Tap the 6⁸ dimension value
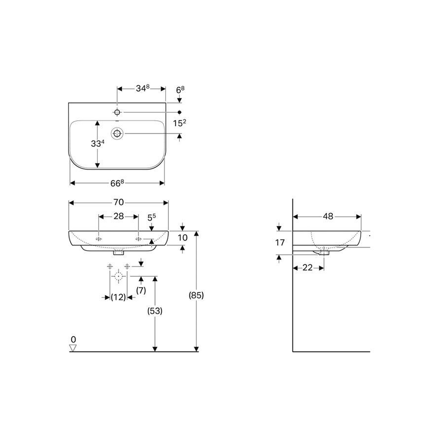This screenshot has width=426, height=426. tap(180, 89)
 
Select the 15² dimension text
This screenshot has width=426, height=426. tap(180, 123)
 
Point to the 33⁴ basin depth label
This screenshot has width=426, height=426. tap(97, 144)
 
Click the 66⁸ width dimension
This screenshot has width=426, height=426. tap(116, 183)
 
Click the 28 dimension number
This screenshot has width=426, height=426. tap(118, 216)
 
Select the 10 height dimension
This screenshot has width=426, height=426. tap(183, 238)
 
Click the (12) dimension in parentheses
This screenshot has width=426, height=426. tap(118, 297)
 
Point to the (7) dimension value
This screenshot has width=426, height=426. tap(141, 290)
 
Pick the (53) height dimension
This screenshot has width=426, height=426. tap(155, 311)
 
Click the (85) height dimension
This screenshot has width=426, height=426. tap(196, 295)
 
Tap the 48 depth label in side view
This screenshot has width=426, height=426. tap(328, 216)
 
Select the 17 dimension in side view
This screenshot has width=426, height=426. tap(280, 242)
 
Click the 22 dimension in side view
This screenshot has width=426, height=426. tap(308, 267)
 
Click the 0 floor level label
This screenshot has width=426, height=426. tap(74, 339)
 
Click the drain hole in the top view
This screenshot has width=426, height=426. tap(117, 133)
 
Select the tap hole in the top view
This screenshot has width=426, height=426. tap(117, 112)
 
